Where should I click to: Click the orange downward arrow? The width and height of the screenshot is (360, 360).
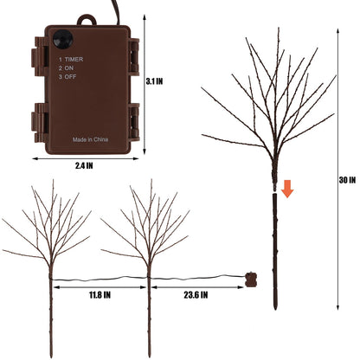coord(287,189)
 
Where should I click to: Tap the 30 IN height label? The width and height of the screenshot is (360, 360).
coord(347,180)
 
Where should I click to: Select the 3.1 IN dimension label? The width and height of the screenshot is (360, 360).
coord(154,81)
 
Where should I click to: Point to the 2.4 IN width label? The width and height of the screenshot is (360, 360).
coord(84,165)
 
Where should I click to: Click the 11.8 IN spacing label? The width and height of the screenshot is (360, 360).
coord(100,295)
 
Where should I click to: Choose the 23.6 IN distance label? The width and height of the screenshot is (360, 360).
coord(196,295)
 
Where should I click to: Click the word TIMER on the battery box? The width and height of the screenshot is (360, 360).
coord(74,59)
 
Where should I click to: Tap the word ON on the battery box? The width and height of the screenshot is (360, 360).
coord(69,68)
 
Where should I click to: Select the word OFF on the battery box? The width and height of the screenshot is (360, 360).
coord(70,77)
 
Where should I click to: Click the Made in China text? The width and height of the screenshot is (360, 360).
coord(90,139)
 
